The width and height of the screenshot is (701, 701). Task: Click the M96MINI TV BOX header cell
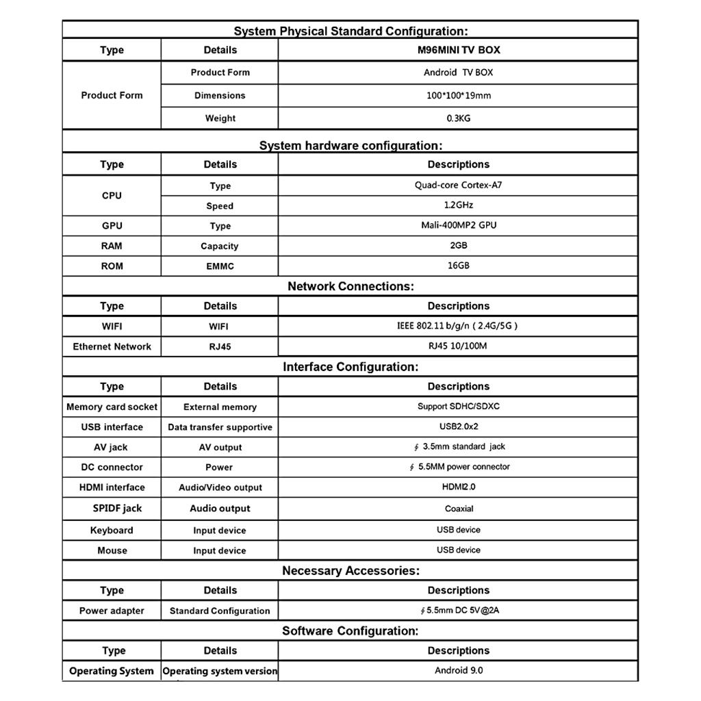tap(458, 50)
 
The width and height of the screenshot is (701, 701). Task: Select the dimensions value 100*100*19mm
tap(458, 96)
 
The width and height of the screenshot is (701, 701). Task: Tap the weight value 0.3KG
tap(458, 118)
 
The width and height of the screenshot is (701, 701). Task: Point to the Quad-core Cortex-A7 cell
tap(458, 186)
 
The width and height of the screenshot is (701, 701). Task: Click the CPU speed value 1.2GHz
tap(458, 205)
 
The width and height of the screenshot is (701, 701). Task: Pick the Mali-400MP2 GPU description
tap(458, 225)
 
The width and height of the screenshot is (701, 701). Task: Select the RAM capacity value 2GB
tap(458, 245)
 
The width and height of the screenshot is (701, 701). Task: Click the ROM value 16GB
tap(458, 266)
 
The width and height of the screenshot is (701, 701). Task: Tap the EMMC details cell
tap(220, 266)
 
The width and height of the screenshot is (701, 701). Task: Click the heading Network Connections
tap(350, 287)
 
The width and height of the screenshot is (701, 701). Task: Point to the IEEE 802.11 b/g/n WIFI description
tap(458, 326)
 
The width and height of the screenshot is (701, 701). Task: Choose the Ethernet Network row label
tap(112, 346)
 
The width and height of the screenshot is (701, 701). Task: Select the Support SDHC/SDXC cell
tap(458, 407)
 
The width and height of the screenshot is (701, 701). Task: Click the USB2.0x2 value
tap(458, 426)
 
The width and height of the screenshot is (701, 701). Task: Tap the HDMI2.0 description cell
tap(458, 487)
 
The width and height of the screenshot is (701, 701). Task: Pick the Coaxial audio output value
tap(458, 509)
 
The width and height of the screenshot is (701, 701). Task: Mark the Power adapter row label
tap(112, 611)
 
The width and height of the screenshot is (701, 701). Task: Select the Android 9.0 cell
tap(458, 671)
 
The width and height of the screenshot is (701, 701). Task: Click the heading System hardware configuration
tap(350, 146)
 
